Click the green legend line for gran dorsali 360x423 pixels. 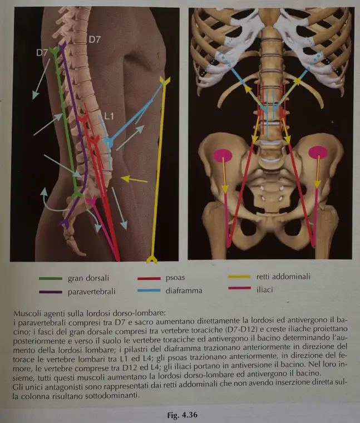point(51,278)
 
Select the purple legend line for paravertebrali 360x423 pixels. point(51,292)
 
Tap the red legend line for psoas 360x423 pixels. point(149,278)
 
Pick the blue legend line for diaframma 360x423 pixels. point(149,291)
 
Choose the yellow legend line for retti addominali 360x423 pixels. point(239,277)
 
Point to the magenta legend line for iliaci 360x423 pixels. point(239,288)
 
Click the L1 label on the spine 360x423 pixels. point(109,116)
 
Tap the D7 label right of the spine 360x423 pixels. point(95,40)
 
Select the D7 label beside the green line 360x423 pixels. point(42,53)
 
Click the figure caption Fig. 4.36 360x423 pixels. point(182,415)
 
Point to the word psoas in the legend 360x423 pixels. point(175,278)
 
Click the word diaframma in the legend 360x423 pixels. point(184,291)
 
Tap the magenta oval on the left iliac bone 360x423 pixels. point(223,156)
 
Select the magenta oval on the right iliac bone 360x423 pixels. point(318,153)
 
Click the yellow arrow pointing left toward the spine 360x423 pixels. point(134,179)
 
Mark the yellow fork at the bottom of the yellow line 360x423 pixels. point(152,259)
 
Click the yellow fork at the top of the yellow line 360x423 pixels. point(165,80)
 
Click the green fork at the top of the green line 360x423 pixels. point(55,50)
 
